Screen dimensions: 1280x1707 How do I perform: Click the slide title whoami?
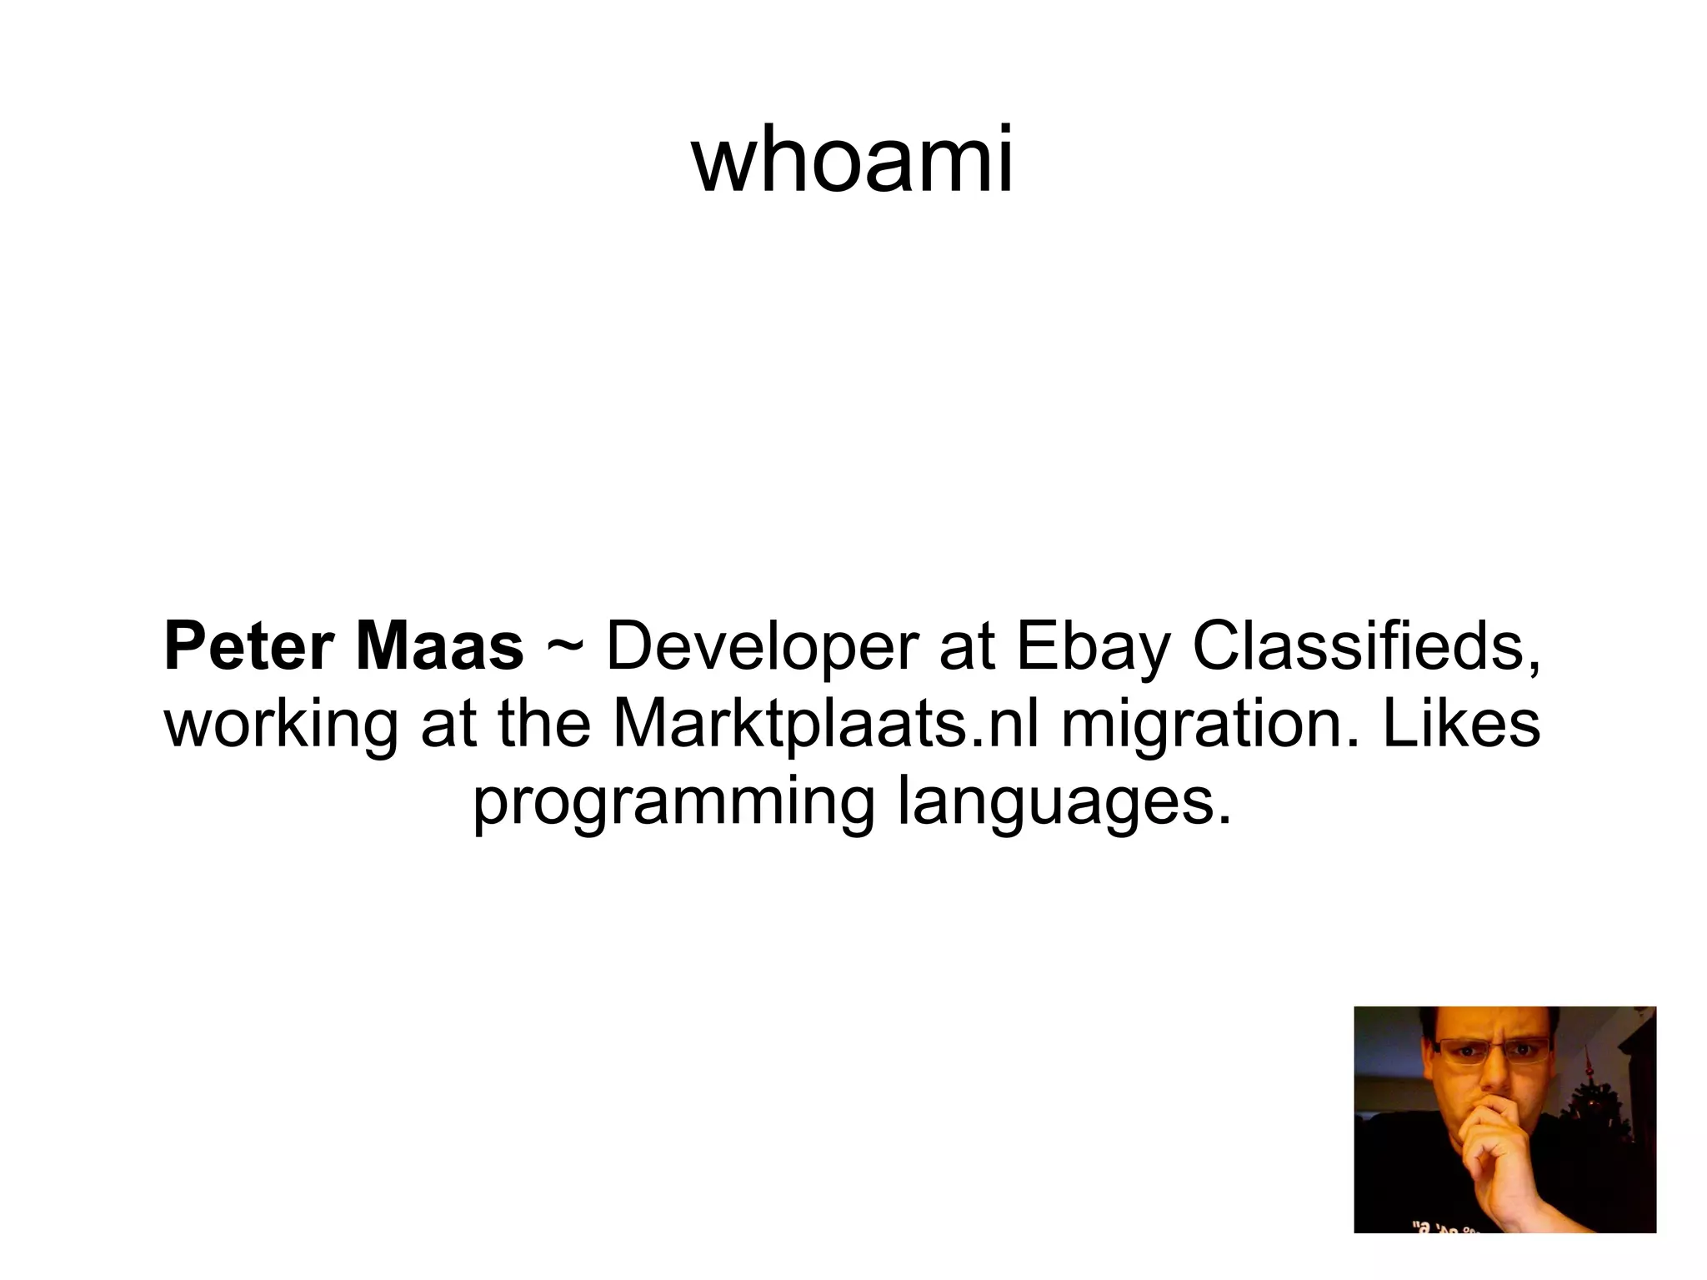pyautogui.click(x=852, y=158)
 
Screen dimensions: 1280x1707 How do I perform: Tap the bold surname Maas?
pyautogui.click(x=439, y=646)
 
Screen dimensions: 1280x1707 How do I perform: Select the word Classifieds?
pyautogui.click(x=1367, y=646)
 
